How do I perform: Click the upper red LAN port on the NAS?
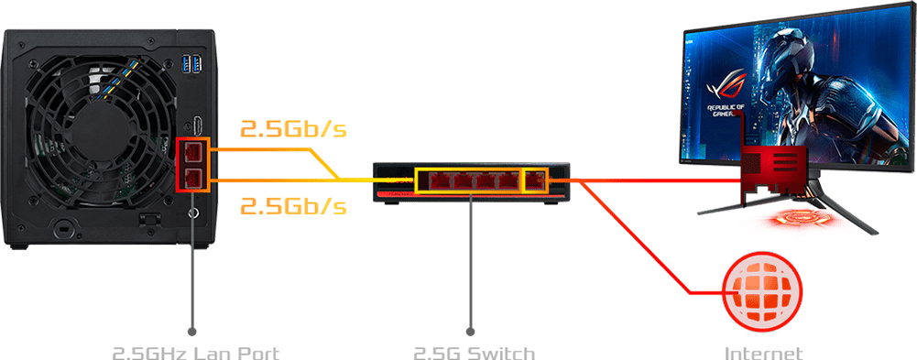coord(192,151)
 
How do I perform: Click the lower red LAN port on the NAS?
coord(192,179)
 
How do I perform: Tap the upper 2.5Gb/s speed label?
coord(293,129)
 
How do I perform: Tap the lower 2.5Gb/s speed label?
coord(293,205)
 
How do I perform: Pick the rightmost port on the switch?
coord(533,180)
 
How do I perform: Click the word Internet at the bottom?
coord(763,353)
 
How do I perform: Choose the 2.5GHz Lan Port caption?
coord(195,353)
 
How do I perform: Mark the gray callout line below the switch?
coord(472,266)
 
